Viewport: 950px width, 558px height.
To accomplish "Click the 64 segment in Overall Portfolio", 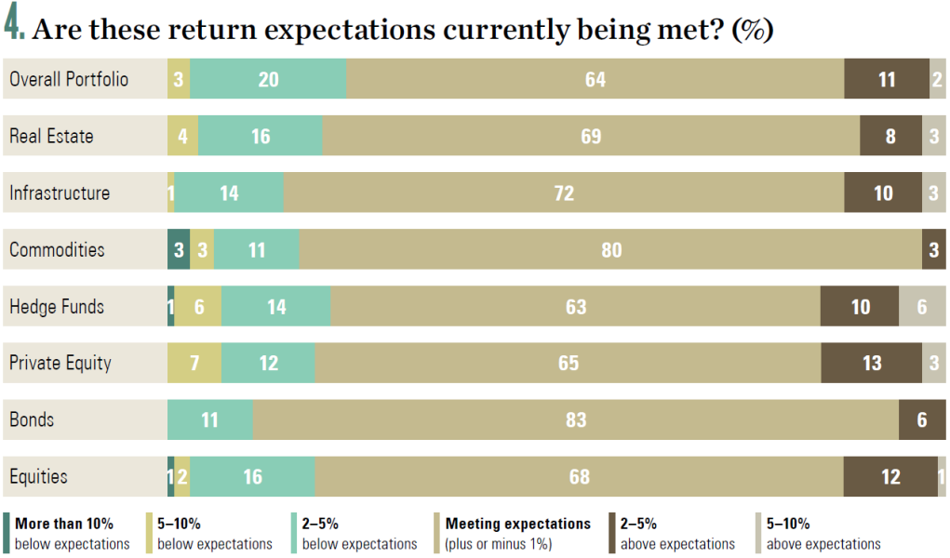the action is point(595,79).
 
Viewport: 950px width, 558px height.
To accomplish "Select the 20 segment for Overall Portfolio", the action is point(268,79).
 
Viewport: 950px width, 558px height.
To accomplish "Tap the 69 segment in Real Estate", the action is point(591,136).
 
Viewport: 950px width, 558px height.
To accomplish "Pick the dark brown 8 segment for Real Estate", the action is point(890,136).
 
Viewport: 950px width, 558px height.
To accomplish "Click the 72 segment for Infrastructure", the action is point(564,193).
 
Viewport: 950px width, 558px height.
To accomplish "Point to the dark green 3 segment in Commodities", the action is point(179,249).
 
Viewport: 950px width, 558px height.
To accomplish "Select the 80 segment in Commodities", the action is point(610,249).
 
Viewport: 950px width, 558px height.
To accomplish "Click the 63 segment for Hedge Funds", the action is point(576,306).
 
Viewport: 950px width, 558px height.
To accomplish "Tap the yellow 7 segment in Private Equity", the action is point(194,363).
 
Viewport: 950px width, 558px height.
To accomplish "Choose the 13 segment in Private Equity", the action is point(871,363).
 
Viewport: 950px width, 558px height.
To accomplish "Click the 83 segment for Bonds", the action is point(576,419).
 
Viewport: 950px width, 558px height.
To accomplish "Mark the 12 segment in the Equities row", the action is point(890,476).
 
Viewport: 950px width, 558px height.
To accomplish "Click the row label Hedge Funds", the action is point(57,307).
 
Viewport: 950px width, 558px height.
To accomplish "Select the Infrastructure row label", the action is point(60,193).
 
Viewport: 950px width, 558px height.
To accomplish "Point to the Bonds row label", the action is point(32,419).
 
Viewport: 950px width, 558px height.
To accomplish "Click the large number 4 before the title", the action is point(13,22).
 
